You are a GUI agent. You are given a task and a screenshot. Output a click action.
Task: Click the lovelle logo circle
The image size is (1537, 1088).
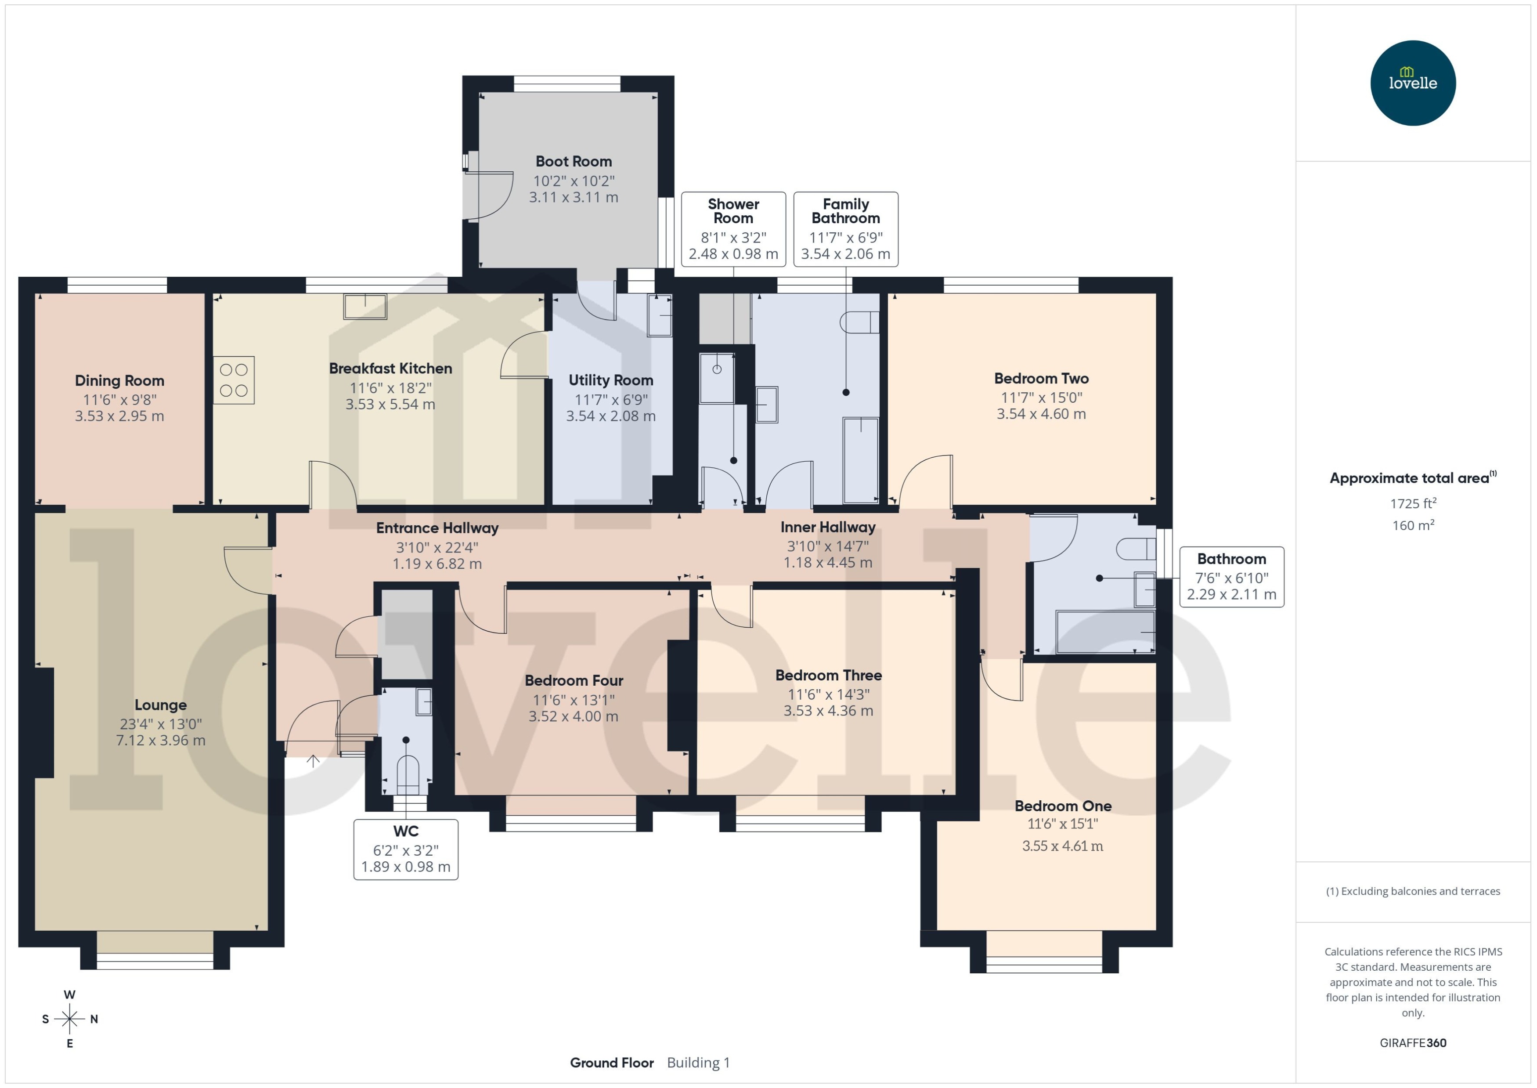click(x=1412, y=83)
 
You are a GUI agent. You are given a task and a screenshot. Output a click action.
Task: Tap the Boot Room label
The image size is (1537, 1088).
click(x=573, y=162)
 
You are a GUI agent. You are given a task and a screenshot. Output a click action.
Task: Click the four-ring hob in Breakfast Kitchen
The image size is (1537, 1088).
click(x=234, y=380)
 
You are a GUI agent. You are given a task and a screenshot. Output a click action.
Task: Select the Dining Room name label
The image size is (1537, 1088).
click(x=119, y=380)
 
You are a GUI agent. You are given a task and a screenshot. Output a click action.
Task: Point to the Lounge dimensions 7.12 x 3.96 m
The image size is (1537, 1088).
click(x=161, y=740)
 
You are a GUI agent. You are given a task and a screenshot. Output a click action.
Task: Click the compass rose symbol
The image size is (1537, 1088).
click(x=70, y=1019)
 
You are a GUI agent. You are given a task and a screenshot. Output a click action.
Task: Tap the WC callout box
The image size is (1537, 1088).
click(x=406, y=849)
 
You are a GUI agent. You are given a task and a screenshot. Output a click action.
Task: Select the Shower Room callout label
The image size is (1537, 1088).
click(x=733, y=211)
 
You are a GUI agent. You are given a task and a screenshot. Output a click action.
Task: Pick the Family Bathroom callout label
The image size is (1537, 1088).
click(x=845, y=211)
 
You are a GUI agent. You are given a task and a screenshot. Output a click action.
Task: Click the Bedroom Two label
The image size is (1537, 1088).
click(x=1041, y=379)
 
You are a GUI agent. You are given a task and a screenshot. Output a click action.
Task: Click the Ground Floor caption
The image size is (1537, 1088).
click(x=611, y=1063)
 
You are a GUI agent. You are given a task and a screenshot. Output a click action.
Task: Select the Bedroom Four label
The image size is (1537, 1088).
click(x=574, y=681)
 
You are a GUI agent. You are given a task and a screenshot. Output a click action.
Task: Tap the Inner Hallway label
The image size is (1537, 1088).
click(x=828, y=527)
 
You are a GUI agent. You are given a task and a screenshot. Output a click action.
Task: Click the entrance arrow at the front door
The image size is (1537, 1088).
click(x=313, y=762)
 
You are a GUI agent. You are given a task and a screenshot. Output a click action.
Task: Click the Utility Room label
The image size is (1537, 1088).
click(x=611, y=380)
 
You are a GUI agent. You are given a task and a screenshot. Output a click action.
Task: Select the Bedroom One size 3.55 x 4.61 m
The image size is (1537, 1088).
click(x=1062, y=846)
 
